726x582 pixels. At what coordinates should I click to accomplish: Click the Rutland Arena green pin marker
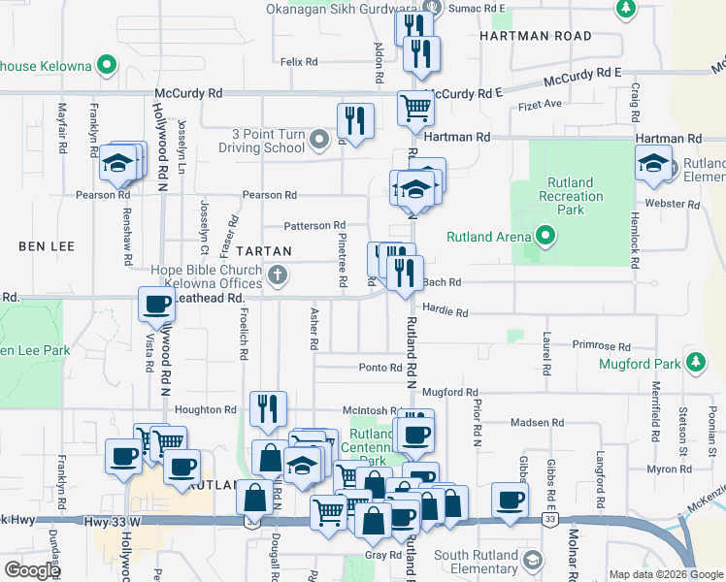point(545,236)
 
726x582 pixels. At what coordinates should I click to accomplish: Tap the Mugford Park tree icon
point(695,363)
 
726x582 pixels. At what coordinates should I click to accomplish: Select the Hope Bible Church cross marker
point(278,276)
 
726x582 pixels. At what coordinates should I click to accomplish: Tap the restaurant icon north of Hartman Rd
point(356,121)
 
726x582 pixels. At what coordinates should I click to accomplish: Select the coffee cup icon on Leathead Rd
point(157,306)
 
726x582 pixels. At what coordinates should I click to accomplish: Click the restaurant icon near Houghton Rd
point(267,409)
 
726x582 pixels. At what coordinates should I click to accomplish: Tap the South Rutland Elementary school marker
point(532,561)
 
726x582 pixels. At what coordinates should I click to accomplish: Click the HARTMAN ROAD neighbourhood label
point(535,36)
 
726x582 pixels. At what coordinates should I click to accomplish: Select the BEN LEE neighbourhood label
point(47,246)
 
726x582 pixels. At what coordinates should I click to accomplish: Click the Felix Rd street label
point(299,62)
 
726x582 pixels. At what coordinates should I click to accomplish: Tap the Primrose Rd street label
point(602,346)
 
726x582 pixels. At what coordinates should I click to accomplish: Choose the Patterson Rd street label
point(314,226)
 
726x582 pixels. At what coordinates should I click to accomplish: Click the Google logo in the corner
point(32,570)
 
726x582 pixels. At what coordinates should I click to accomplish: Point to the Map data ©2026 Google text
point(665,574)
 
